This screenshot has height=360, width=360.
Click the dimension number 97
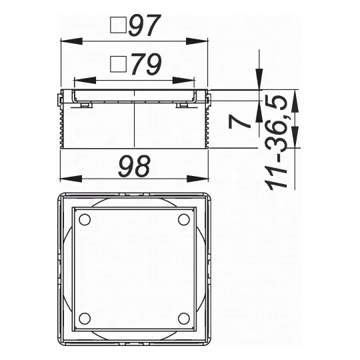pyautogui.click(x=145, y=25)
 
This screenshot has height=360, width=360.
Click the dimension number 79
pyautogui.click(x=147, y=65)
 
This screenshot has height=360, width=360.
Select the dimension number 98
pyautogui.click(x=134, y=166)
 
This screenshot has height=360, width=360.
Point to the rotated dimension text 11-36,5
pyautogui.click(x=276, y=143)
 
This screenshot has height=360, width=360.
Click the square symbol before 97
pyautogui.click(x=118, y=25)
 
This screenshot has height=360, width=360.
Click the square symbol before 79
pyautogui.click(x=118, y=64)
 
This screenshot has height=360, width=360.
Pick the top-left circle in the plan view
pyautogui.click(x=85, y=220)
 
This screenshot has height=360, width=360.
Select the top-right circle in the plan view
pyautogui.click(x=184, y=220)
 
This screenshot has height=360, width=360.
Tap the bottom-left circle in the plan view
pyautogui.click(x=85, y=319)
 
